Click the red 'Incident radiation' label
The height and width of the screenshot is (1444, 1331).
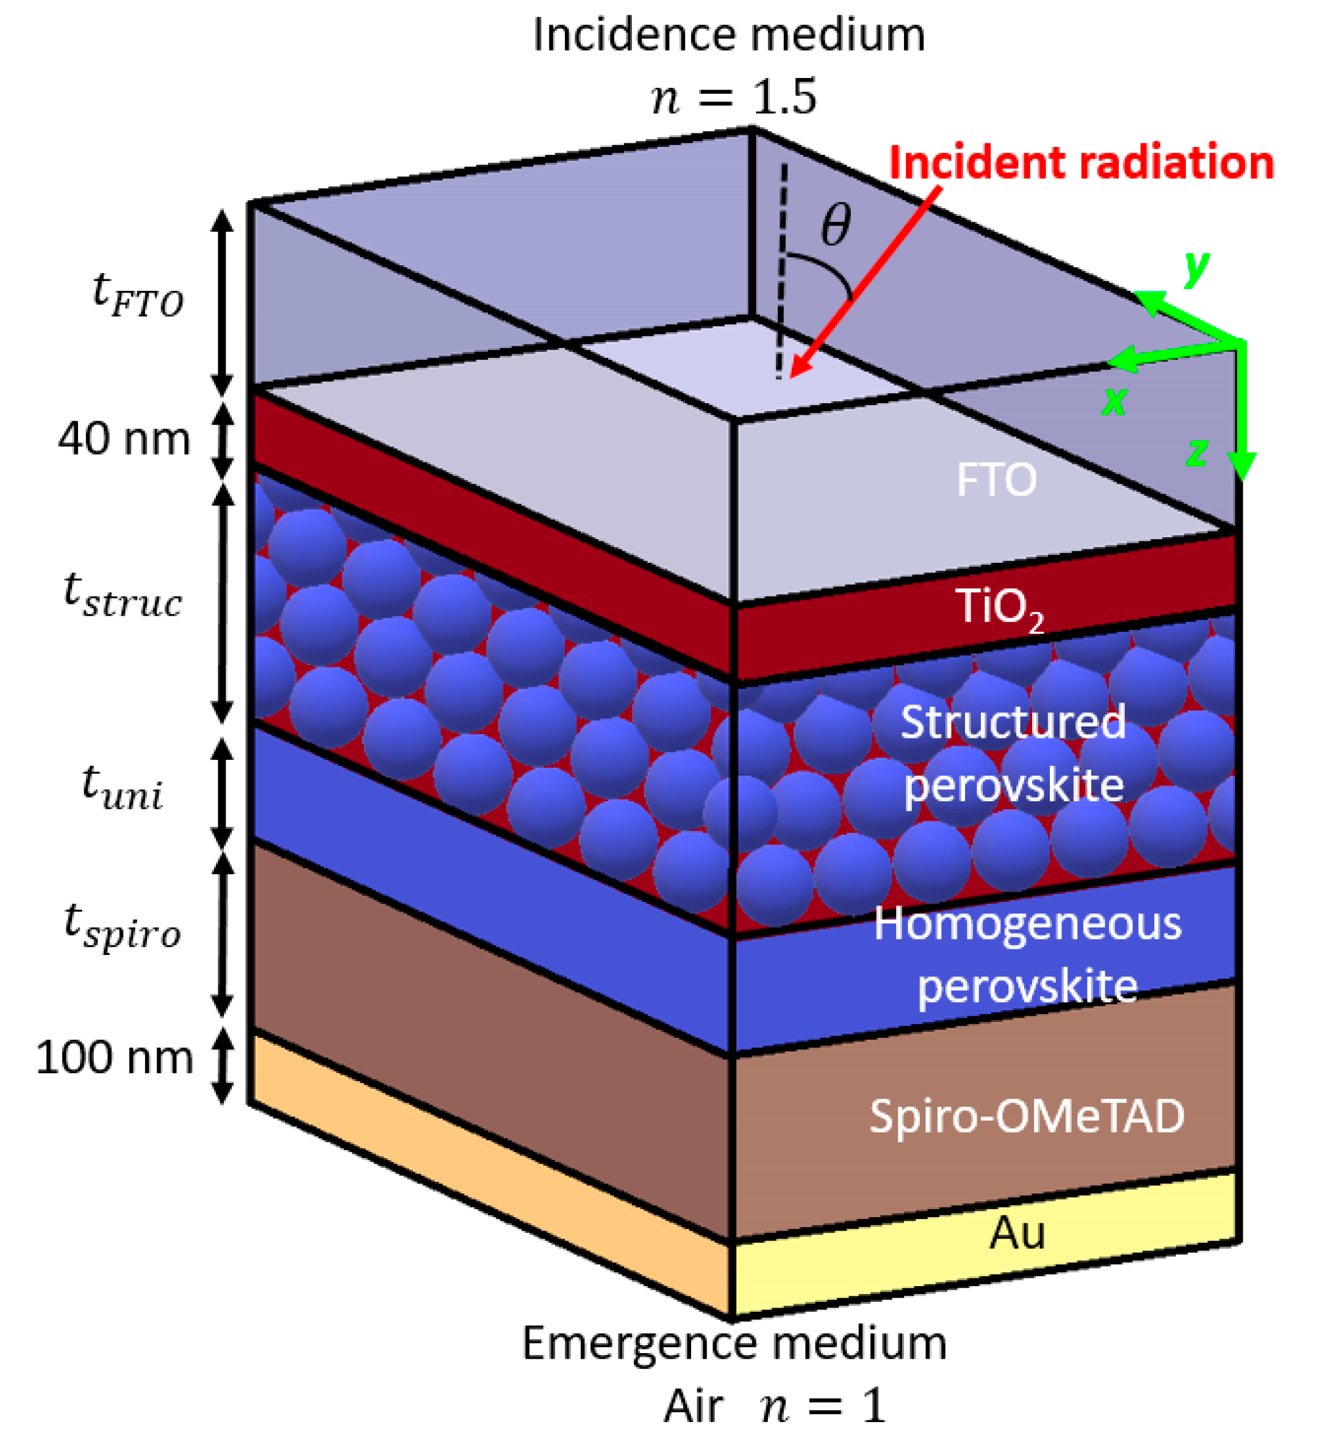click(1081, 163)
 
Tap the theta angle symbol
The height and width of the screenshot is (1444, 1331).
click(836, 224)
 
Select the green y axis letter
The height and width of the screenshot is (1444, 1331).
click(1196, 268)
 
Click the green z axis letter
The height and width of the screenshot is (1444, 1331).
click(1196, 454)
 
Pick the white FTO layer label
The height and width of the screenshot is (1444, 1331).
click(996, 479)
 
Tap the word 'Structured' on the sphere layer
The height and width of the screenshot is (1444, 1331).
click(1013, 722)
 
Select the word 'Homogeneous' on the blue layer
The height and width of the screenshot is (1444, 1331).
click(1027, 924)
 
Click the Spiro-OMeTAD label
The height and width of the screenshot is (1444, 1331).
click(1027, 1116)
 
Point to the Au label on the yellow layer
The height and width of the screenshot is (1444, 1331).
click(1016, 1232)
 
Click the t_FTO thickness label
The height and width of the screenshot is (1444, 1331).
click(137, 295)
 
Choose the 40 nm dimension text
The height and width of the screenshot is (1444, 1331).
click(124, 438)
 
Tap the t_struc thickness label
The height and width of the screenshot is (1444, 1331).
click(123, 595)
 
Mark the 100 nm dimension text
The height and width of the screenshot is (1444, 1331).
click(115, 1058)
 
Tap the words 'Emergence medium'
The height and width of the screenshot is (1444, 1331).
click(734, 1343)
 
